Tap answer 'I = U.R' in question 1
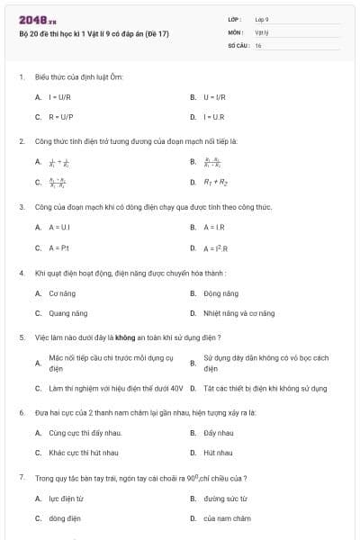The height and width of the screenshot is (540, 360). (212, 117)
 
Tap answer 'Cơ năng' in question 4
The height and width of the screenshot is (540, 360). (60, 292)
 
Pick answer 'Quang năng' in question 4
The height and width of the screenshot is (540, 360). (67, 313)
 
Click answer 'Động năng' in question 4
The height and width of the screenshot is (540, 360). (220, 292)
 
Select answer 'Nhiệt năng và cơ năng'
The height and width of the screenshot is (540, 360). (238, 313)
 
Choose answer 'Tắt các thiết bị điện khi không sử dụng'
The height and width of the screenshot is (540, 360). (265, 388)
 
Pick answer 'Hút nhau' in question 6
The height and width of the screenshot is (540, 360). (217, 453)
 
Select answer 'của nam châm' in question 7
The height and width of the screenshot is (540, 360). (227, 518)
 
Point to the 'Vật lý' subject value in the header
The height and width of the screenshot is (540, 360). (262, 31)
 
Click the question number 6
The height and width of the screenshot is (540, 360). (21, 411)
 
